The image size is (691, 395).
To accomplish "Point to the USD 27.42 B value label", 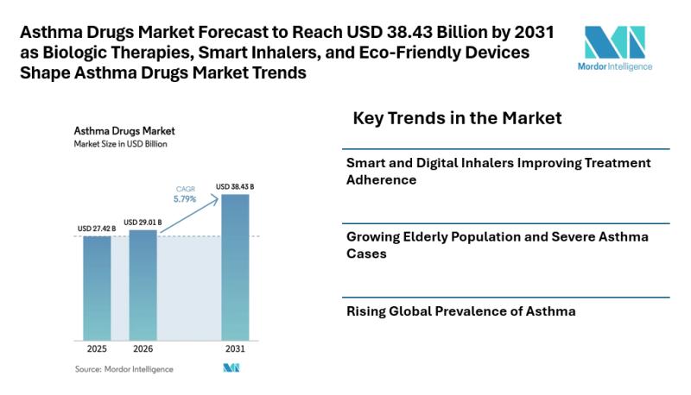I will pos(97,229).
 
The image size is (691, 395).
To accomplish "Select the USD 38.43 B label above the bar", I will pos(235,187).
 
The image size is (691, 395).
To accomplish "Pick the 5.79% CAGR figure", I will pos(184,199).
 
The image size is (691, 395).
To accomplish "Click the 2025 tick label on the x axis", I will pos(97,350).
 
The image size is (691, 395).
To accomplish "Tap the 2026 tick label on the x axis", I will pos(143,350).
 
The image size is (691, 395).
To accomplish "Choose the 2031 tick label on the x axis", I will pos(235,350).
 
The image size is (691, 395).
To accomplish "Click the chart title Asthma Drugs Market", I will pos(124,131).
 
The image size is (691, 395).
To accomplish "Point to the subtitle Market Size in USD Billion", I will pos(119,144).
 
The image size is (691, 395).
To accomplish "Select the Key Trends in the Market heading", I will pos(457,118).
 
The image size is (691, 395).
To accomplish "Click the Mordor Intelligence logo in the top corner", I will pos(613,47).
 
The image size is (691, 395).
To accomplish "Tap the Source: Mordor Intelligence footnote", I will pos(124,369).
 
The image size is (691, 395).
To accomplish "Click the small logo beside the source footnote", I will pos(231,368).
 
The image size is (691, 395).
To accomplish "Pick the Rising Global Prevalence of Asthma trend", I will pos(460,310).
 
